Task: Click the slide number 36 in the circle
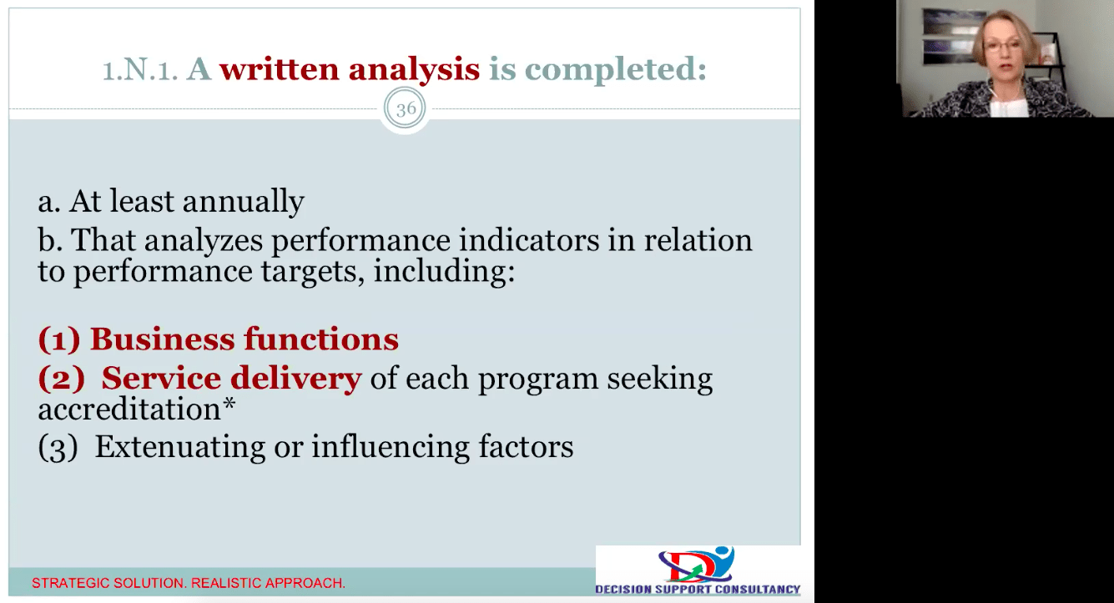tap(406, 108)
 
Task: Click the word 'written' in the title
tap(280, 68)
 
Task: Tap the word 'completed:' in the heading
tap(616, 70)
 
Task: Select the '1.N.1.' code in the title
tap(140, 69)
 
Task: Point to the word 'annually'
tap(244, 202)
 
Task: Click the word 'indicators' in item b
tap(529, 240)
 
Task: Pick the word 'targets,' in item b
tap(312, 272)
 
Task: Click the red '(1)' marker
tap(59, 339)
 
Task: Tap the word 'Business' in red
tap(162, 339)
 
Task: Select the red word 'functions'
tap(321, 339)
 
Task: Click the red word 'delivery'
tap(296, 379)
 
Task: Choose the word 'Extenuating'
tap(180, 447)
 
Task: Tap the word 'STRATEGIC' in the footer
tap(69, 583)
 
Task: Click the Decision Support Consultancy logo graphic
tap(697, 565)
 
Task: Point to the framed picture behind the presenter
tap(949, 36)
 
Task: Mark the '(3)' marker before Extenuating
tap(58, 447)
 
